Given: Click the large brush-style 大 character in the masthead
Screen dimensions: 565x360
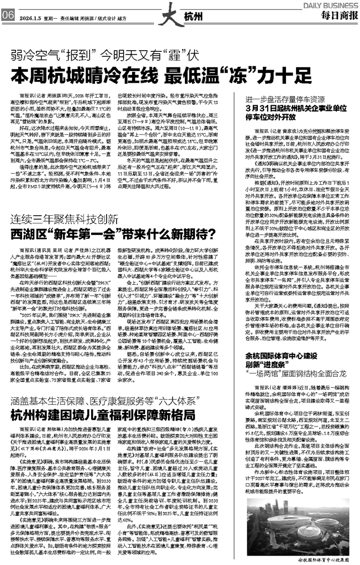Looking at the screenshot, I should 156,11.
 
